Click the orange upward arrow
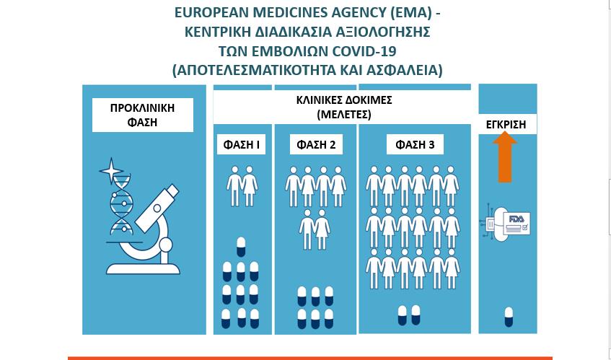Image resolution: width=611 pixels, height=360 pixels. (505, 157)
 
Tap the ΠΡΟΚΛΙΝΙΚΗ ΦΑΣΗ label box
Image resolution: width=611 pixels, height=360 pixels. (143, 115)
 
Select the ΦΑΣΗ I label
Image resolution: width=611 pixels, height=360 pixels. (241, 145)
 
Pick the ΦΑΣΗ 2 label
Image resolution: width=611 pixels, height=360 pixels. (316, 145)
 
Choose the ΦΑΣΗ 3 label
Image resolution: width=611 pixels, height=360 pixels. (415, 145)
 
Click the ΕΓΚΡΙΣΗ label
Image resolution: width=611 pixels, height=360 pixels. (506, 125)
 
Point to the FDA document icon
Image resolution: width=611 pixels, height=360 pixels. (517, 223)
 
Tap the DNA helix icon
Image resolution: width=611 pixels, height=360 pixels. (121, 205)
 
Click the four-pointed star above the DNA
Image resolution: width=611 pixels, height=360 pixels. (111, 170)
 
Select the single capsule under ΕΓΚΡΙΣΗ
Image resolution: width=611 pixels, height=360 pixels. (509, 317)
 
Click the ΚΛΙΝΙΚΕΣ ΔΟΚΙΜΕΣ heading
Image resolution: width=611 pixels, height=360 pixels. (344, 100)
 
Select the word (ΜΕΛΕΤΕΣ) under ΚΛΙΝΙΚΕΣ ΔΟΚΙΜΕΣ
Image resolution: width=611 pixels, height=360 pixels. (344, 115)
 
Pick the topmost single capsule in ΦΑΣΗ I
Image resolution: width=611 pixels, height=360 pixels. (241, 247)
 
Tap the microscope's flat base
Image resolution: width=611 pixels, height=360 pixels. (143, 269)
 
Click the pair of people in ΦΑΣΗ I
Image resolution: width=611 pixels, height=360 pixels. (242, 186)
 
